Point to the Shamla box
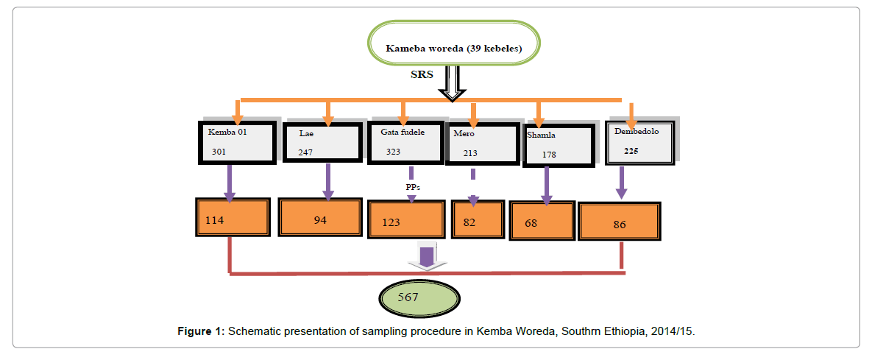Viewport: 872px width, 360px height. [x=558, y=145]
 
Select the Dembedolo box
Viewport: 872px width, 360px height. [x=639, y=141]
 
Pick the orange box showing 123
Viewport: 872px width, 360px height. [x=406, y=219]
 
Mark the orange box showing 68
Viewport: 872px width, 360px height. [x=542, y=220]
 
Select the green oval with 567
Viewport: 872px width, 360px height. [x=418, y=299]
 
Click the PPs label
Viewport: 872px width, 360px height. [x=413, y=187]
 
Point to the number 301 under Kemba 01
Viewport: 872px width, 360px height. [x=219, y=152]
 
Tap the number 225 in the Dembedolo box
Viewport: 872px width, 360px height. [x=631, y=149]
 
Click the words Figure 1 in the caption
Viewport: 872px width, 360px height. [x=200, y=332]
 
